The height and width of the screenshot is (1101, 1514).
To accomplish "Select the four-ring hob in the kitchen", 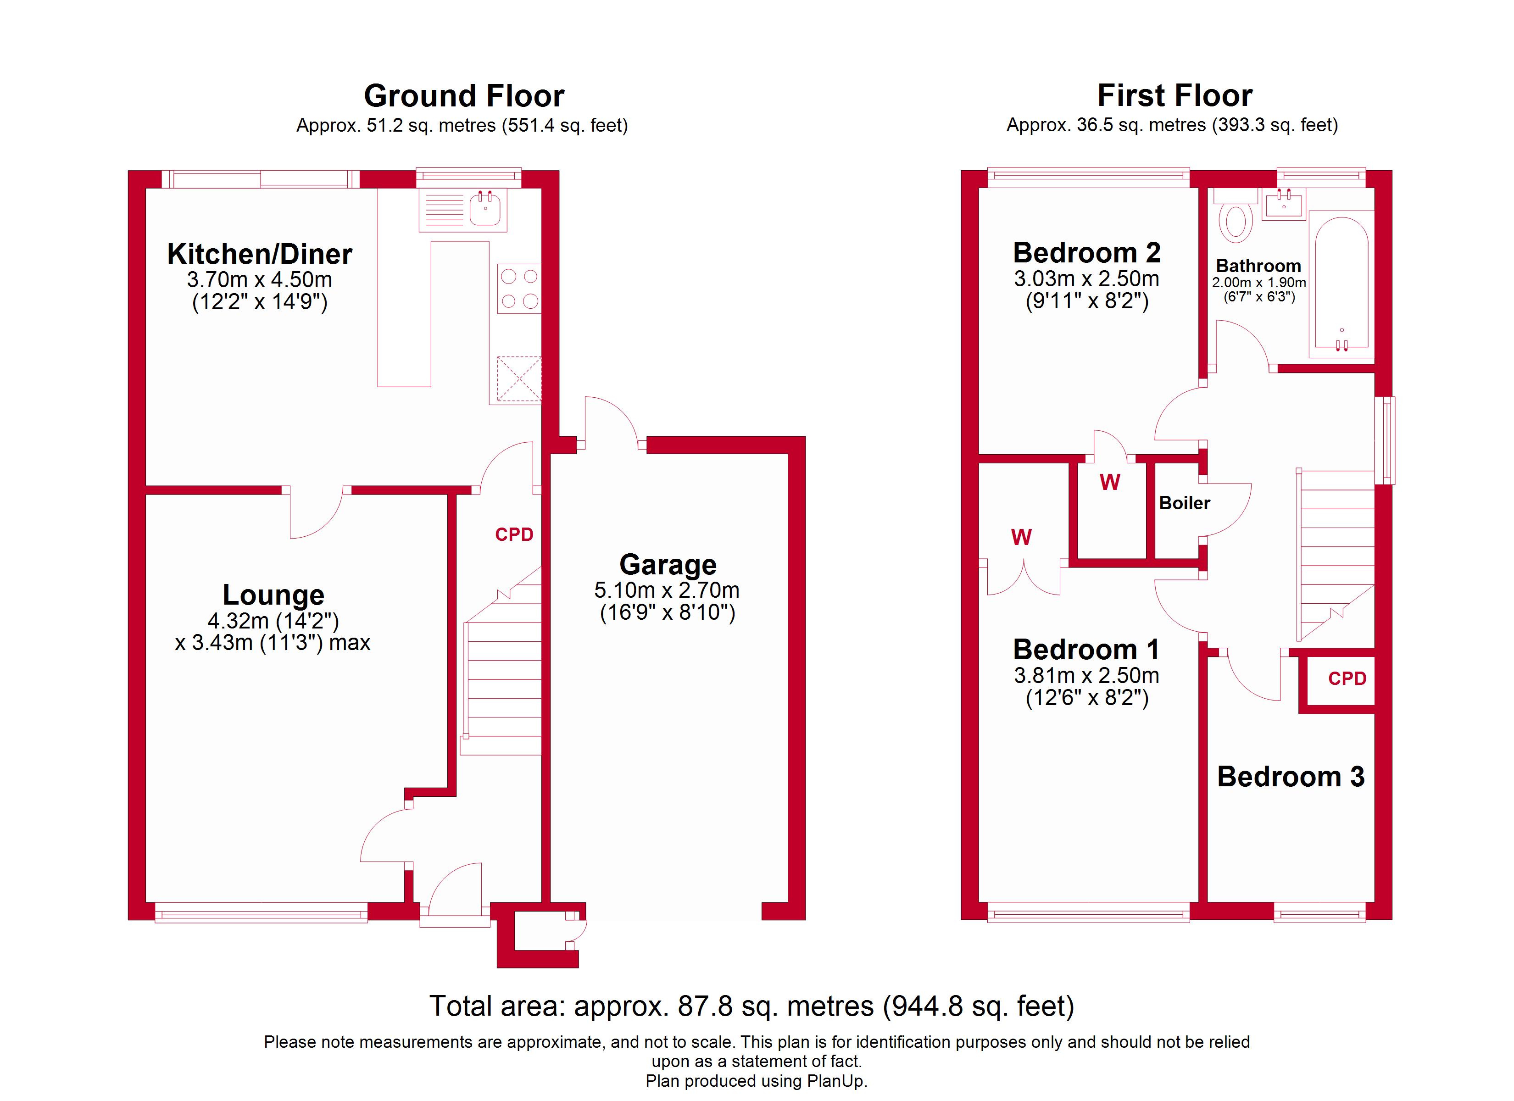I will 519,289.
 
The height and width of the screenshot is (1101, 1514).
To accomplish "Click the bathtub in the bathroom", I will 1341,284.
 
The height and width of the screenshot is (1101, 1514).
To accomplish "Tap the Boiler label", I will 1184,503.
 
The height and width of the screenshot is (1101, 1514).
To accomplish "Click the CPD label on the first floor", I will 1347,679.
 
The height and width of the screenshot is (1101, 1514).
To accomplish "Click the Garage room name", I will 668,565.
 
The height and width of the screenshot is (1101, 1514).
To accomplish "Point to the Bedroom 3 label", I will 1291,777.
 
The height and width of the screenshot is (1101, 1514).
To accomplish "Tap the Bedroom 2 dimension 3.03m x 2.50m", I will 1086,279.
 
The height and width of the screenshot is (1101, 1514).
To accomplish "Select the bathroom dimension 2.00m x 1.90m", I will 1259,283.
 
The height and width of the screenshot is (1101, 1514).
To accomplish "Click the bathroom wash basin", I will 1283,204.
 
